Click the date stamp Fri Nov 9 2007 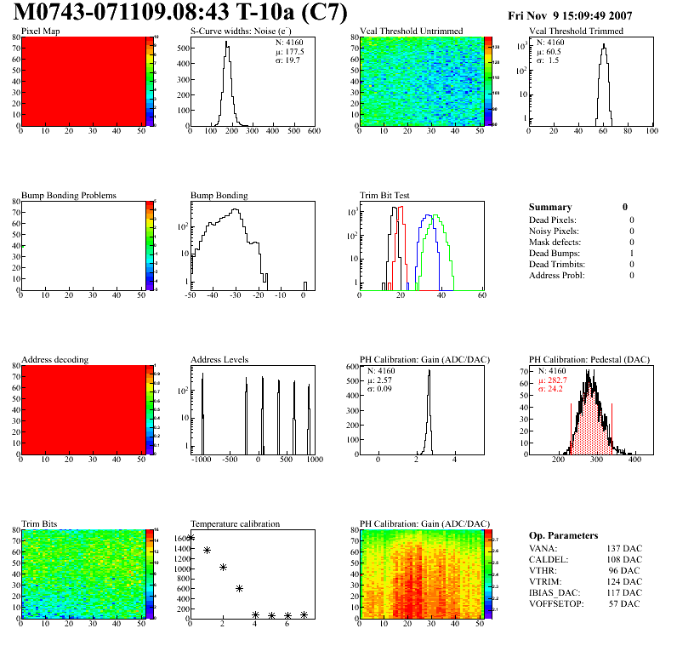[x=569, y=15]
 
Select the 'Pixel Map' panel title [x=40, y=31]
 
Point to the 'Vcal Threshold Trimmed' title [x=576, y=31]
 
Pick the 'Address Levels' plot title [x=219, y=360]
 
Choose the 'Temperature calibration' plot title [x=235, y=523]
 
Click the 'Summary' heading [x=550, y=207]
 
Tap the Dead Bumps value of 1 [x=632, y=253]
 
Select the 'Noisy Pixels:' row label [x=554, y=231]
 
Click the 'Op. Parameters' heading [x=563, y=535]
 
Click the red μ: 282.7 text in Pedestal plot [x=555, y=380]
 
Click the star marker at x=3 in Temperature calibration [x=239, y=588]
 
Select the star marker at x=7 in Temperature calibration [x=304, y=614]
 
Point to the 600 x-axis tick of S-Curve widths [x=313, y=132]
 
